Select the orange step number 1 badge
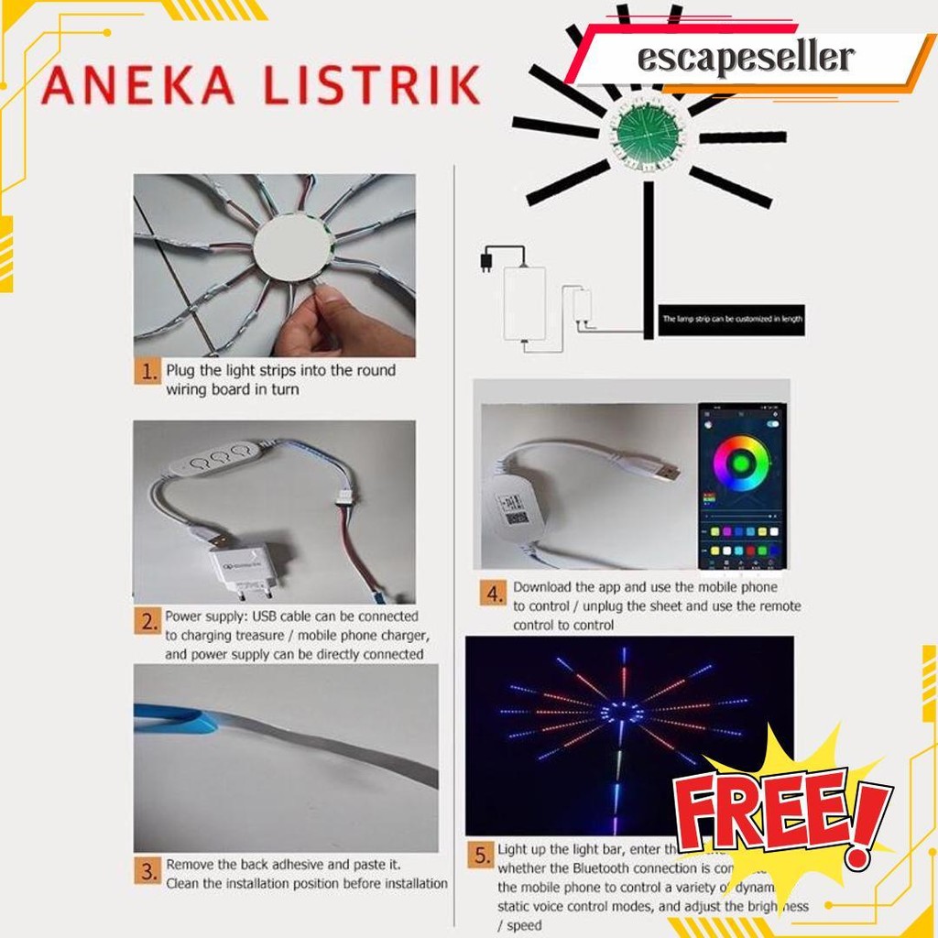[x=147, y=373]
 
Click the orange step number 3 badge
[x=147, y=870]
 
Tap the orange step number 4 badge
[x=494, y=595]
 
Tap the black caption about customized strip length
[x=730, y=319]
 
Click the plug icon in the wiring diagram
[x=485, y=262]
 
